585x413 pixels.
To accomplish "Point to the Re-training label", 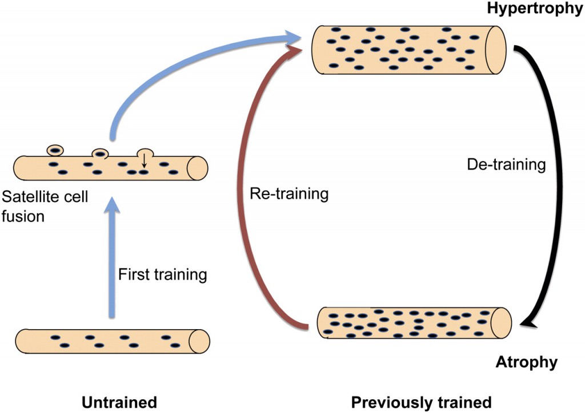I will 289,194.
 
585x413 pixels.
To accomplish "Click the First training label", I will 162,274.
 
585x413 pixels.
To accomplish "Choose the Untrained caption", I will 118,400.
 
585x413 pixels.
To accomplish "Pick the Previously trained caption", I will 421,400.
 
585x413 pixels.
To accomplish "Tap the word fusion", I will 23,216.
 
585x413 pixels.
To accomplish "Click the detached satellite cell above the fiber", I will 55,151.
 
